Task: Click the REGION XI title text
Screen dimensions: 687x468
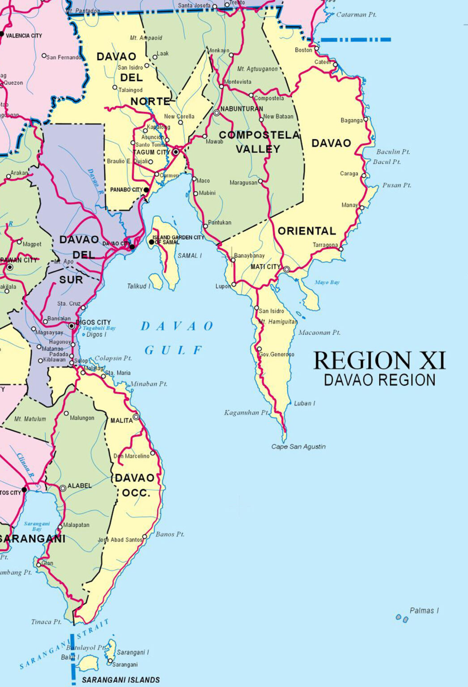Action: pos(379,360)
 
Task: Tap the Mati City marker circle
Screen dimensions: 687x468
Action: pos(287,269)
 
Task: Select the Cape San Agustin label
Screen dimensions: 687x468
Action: pos(298,446)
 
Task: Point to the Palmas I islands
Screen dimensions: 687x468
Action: pos(402,619)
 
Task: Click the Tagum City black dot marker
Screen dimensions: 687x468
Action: pos(176,152)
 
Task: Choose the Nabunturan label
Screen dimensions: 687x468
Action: pos(242,109)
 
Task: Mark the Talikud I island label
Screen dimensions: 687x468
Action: pos(139,286)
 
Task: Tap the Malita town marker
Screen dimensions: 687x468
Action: pos(136,417)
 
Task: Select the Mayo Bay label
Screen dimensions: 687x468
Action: pos(327,282)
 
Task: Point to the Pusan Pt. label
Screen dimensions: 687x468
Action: pos(396,185)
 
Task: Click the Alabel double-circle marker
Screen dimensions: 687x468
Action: pos(63,488)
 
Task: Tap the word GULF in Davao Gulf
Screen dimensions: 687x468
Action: pos(174,350)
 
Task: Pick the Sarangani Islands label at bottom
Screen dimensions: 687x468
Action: pos(121,680)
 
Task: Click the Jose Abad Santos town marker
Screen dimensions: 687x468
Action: pos(145,537)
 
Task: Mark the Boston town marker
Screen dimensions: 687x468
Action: pos(317,48)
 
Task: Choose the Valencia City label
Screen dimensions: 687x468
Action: pos(24,35)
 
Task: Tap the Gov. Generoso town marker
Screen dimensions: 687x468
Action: pos(259,349)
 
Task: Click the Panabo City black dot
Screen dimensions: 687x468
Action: pos(146,190)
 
